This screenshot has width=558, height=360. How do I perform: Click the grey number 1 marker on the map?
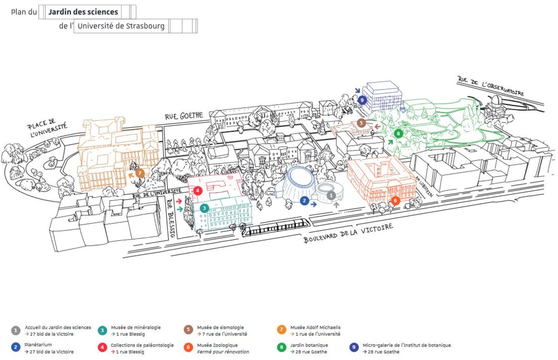coord(331,195)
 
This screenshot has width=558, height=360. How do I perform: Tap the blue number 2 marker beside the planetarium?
coord(304,200)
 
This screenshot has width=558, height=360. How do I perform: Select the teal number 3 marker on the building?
coord(204,208)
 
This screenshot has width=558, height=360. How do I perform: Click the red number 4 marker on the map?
coord(197,191)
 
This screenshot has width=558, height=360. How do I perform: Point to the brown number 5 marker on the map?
coord(361,123)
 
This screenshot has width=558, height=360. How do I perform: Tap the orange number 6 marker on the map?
coord(396,200)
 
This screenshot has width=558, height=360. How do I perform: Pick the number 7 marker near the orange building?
coord(140,172)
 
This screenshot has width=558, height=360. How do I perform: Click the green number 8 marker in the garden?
coord(399,134)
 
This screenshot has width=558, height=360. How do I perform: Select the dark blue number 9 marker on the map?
coord(362,100)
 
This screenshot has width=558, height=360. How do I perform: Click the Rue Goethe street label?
coord(184,115)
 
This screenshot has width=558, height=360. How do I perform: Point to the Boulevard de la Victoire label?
coord(348,233)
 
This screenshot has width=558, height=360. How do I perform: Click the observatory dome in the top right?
coord(496,102)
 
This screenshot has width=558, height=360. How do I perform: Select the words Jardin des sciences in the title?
coord(83,12)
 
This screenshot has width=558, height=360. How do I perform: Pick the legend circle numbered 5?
coord(188,330)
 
